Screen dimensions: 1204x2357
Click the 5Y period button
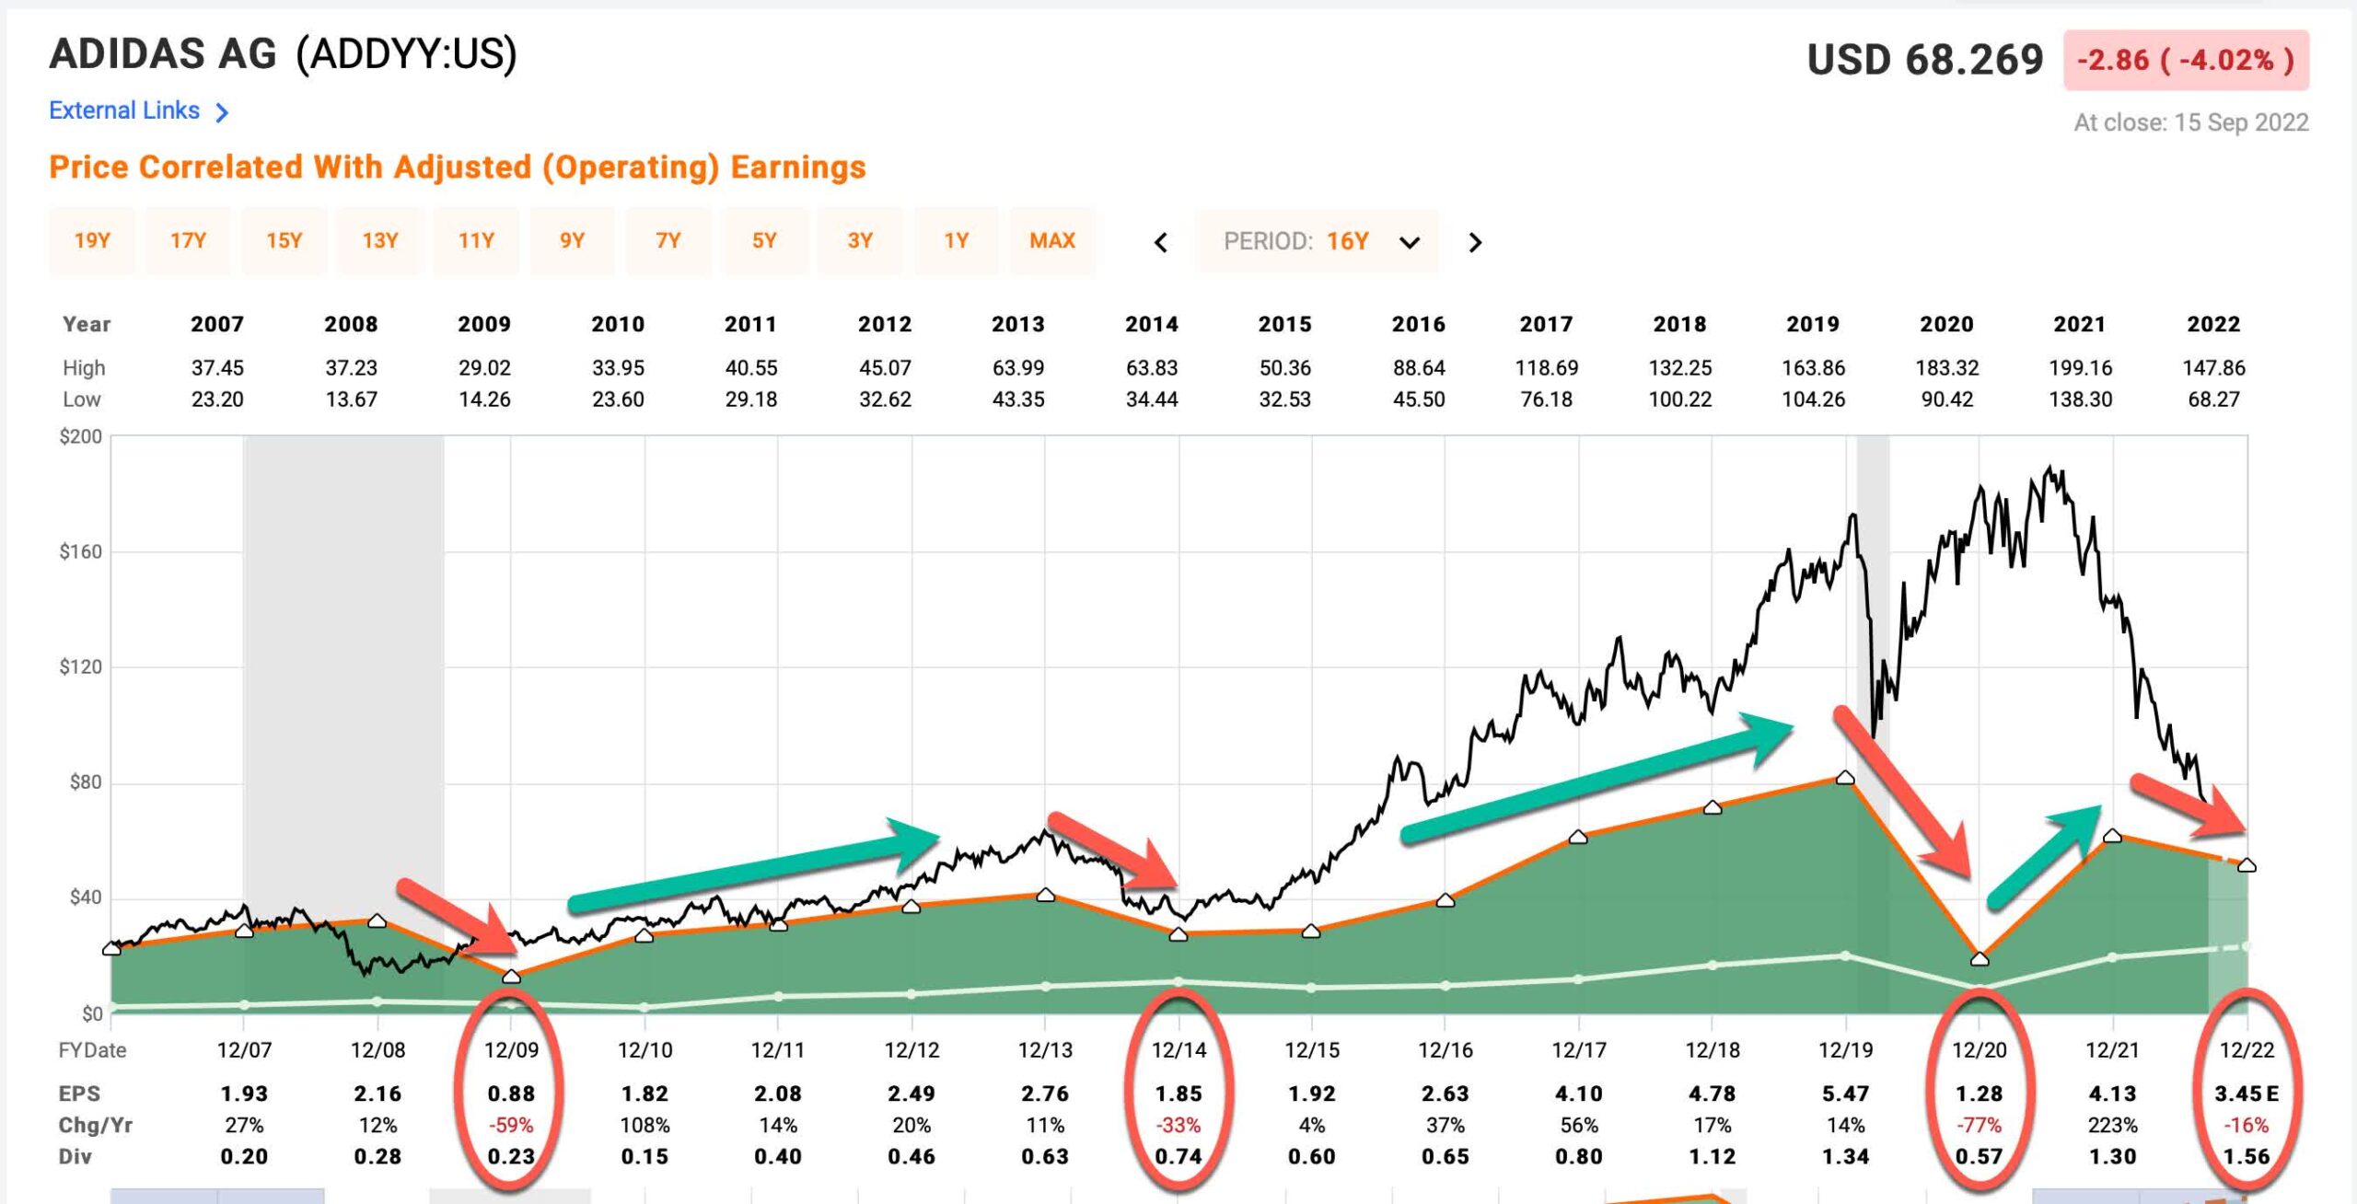[x=763, y=241]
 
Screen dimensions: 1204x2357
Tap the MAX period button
[x=1051, y=241]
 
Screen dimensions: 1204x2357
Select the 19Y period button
[x=92, y=241]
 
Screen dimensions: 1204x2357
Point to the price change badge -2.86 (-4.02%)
[x=2185, y=61]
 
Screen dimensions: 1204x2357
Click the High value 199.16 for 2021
[x=2080, y=368]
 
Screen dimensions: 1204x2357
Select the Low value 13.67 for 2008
[x=351, y=399]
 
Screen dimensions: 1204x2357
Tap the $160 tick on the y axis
[x=81, y=551]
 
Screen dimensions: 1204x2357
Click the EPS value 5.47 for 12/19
[x=1845, y=1094]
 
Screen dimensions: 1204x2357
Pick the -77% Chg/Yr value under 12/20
[x=1979, y=1125]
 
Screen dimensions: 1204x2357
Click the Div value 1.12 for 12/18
[x=1712, y=1156]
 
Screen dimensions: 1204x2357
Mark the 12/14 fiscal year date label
[x=1178, y=1050]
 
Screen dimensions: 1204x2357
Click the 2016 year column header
[x=1418, y=324]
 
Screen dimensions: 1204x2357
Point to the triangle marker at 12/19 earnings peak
[x=1845, y=778]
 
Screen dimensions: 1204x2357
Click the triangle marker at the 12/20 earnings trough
[x=1980, y=959]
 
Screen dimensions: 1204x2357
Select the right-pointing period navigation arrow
[x=1475, y=242]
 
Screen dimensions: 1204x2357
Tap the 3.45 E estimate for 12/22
[x=2246, y=1094]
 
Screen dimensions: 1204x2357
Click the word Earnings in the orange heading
[x=797, y=168]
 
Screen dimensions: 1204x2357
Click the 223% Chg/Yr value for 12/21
[x=2112, y=1125]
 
